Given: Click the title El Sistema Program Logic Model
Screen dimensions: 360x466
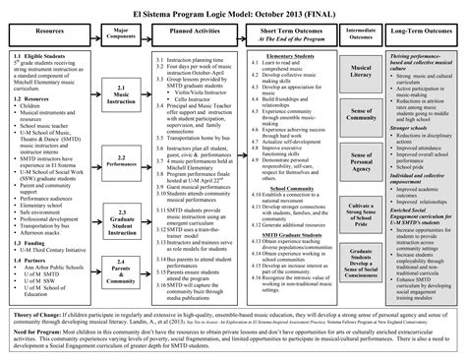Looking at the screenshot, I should pyautogui.click(x=232, y=10).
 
